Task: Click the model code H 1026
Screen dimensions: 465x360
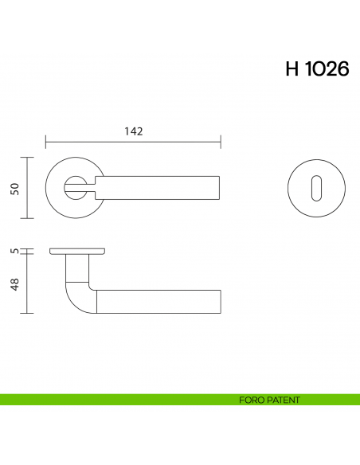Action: coord(316,69)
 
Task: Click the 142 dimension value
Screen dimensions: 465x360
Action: coord(133,132)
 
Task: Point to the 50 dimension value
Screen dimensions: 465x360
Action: coord(14,188)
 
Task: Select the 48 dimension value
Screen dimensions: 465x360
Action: coord(14,284)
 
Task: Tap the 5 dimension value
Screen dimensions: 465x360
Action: coord(14,250)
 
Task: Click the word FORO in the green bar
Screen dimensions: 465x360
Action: coord(250,401)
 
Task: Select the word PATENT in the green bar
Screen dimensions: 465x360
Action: coord(283,401)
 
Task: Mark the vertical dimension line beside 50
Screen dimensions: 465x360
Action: coord(29,188)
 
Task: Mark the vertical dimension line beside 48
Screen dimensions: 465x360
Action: coord(29,283)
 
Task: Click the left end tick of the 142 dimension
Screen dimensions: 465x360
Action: coord(46,143)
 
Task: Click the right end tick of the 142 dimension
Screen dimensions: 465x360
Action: coord(221,143)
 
